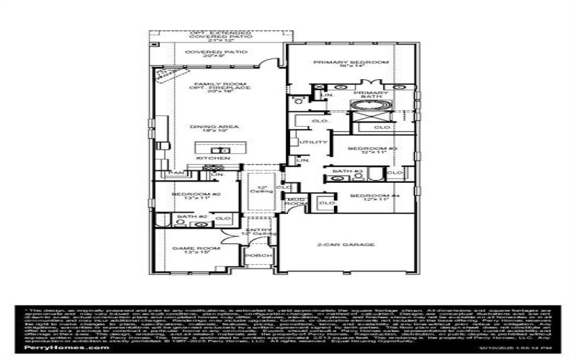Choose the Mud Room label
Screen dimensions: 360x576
click(294, 201)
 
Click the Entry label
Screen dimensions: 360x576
click(258, 231)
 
